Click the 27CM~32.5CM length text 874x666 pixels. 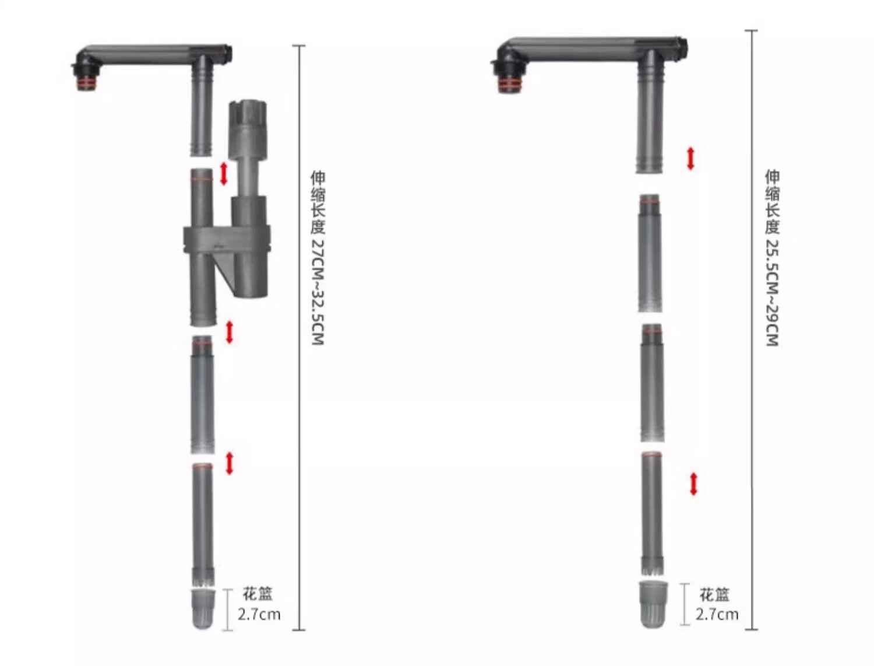click(318, 292)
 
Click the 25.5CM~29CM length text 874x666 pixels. click(771, 293)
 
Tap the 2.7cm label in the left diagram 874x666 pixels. click(259, 614)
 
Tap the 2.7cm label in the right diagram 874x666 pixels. click(717, 614)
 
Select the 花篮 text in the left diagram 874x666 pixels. click(258, 594)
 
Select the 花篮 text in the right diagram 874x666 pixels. click(715, 595)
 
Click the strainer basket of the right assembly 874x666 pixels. click(653, 605)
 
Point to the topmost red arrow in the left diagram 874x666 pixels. click(224, 173)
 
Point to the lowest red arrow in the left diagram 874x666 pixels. click(230, 464)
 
